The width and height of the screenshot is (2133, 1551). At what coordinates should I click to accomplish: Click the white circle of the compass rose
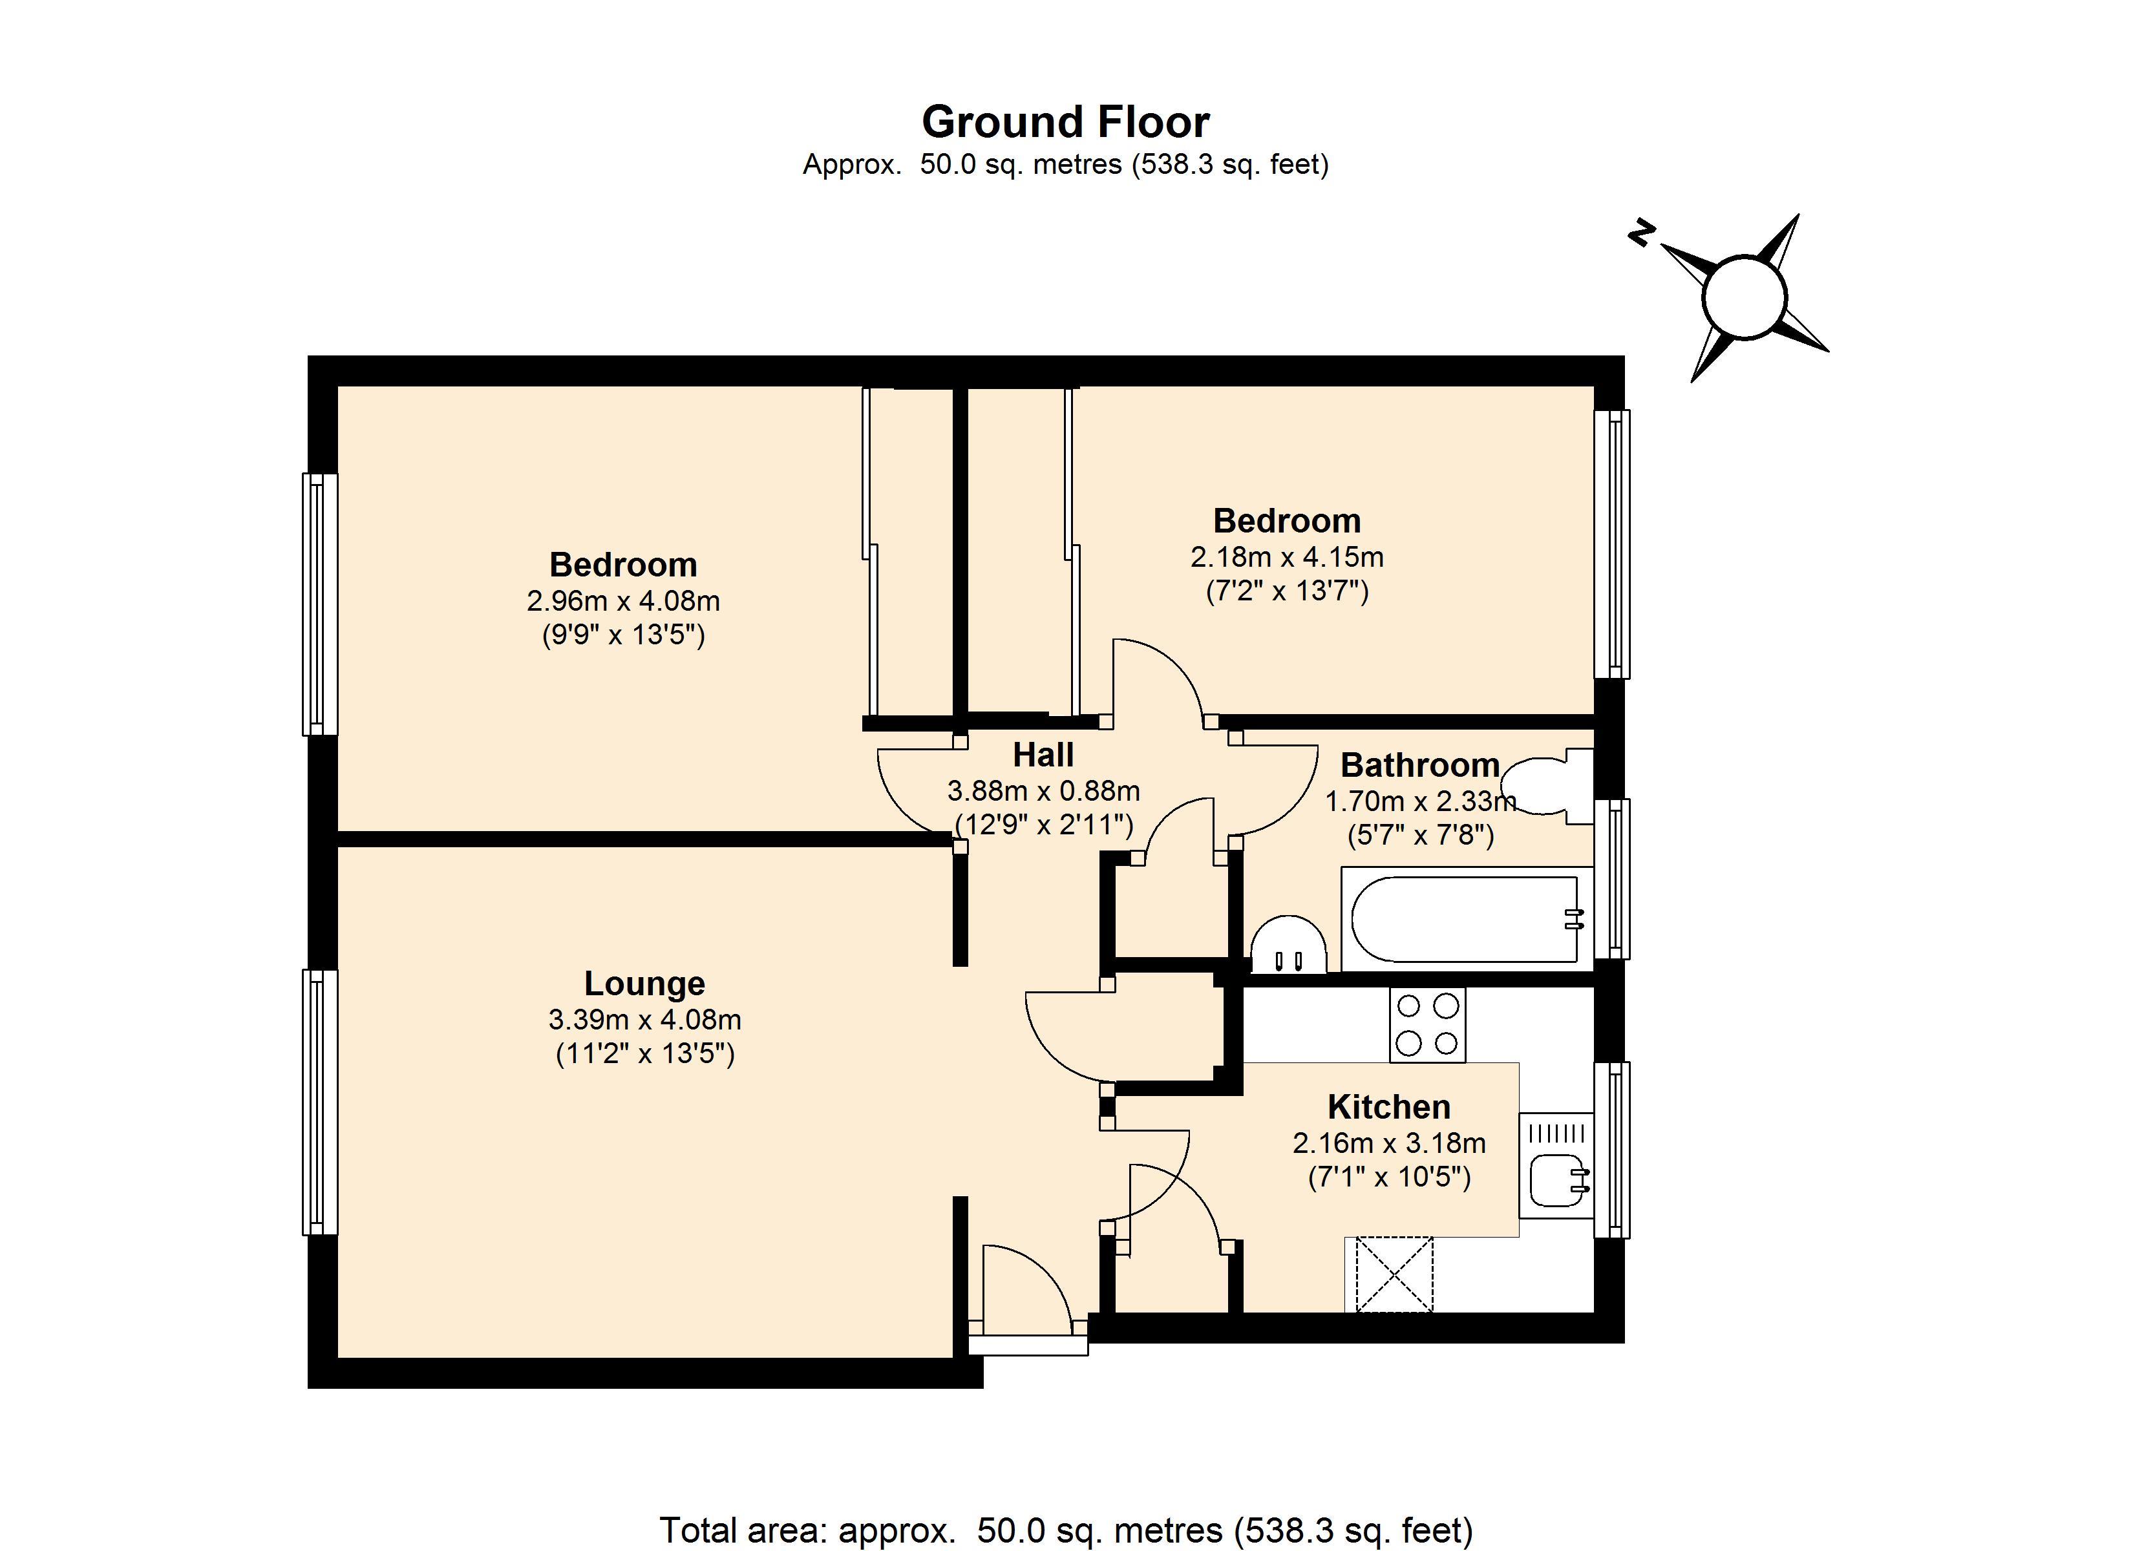click(1744, 297)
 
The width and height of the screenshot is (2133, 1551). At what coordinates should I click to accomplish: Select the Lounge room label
click(644, 983)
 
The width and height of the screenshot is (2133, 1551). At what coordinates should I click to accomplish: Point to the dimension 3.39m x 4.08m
click(644, 1018)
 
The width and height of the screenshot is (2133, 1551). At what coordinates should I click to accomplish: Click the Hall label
click(1043, 754)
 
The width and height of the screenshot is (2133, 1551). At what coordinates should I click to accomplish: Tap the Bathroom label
click(1419, 765)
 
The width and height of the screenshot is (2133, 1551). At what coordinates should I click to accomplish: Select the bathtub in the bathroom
click(1465, 919)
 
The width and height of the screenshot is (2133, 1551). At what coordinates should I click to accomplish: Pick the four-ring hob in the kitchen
click(1427, 1024)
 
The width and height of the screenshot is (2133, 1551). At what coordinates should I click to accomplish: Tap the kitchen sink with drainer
click(1556, 1166)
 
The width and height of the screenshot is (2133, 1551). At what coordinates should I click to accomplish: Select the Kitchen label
click(1388, 1106)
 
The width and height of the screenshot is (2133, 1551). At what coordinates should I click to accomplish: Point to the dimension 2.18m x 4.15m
click(1286, 557)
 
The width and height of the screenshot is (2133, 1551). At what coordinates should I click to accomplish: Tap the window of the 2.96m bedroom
click(319, 603)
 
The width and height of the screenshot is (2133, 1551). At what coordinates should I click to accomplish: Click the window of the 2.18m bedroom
click(1612, 543)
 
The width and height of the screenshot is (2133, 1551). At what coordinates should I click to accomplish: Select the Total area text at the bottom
click(1066, 1530)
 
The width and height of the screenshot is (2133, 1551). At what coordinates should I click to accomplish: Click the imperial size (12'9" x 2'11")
click(1043, 825)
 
